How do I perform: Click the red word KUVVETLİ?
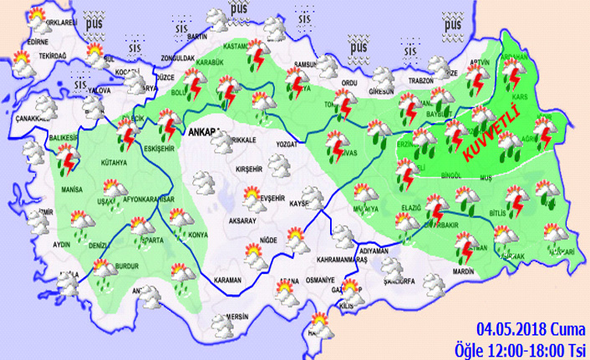click(x=486, y=136)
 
